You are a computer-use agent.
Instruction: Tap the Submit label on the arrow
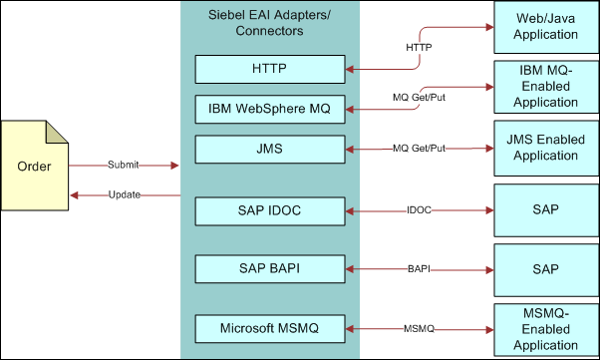[x=125, y=164]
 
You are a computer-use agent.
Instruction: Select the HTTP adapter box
[x=269, y=70]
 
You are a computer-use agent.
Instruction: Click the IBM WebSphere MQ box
[x=269, y=108]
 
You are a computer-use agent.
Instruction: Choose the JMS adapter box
[x=269, y=149]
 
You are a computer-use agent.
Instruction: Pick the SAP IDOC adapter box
[x=269, y=211]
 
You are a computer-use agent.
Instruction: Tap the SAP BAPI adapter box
[x=269, y=269]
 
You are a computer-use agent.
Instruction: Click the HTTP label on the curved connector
[x=418, y=46]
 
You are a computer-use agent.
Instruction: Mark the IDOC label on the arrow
[x=420, y=211]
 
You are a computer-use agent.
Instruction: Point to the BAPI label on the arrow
[x=420, y=269]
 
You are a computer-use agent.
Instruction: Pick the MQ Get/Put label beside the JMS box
[x=419, y=149]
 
